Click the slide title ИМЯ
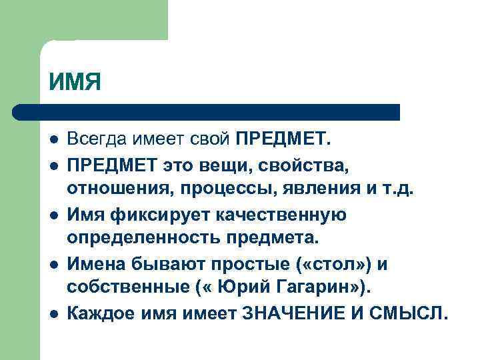point(74,83)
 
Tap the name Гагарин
point(325,288)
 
